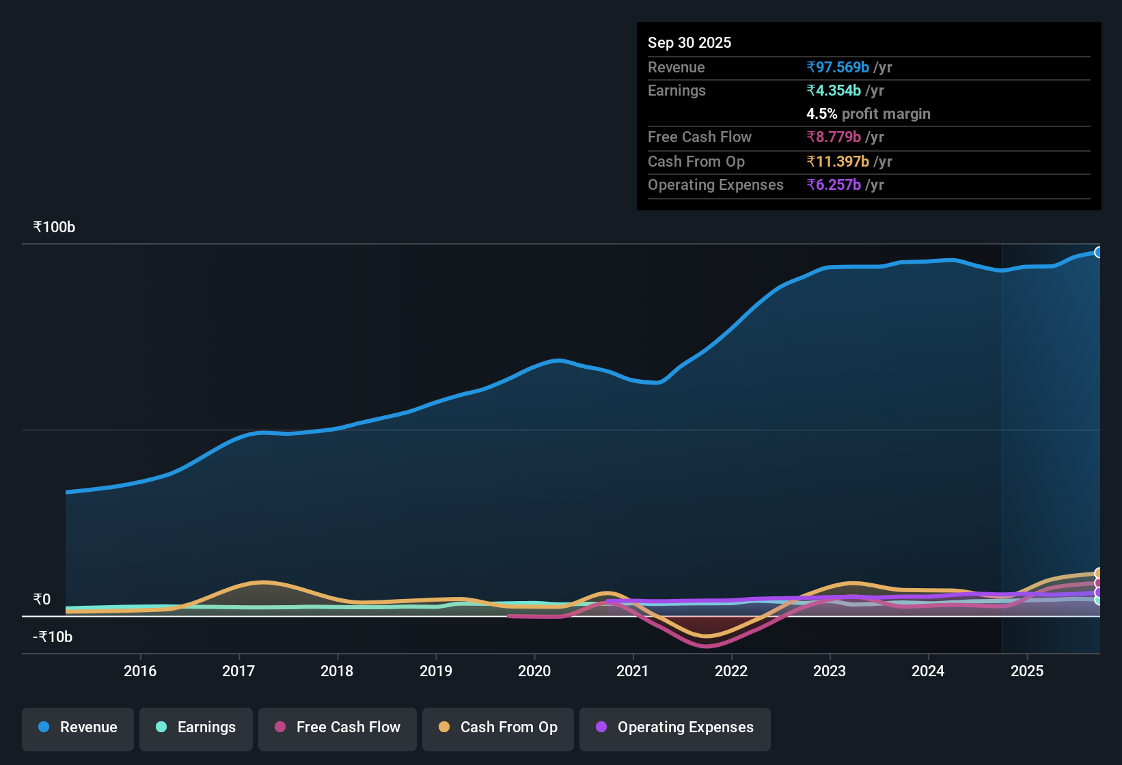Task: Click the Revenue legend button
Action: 78,727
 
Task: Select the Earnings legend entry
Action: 196,727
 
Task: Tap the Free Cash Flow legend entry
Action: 338,727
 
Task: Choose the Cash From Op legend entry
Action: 498,727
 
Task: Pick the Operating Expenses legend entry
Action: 675,727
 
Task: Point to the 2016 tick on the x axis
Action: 140,671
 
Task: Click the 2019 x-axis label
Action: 436,671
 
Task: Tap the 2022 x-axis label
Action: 731,671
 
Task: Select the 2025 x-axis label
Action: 1027,671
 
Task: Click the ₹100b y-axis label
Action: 55,227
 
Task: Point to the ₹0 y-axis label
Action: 42,600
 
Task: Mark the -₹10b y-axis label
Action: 53,637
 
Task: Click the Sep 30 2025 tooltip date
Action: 689,43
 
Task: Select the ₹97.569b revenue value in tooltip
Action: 838,68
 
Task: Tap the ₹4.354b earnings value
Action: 834,91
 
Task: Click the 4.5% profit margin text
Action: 868,114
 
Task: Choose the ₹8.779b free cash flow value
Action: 834,137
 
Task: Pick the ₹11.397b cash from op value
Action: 838,162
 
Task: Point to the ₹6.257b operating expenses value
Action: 834,185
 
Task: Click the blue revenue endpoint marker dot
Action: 1098,253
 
